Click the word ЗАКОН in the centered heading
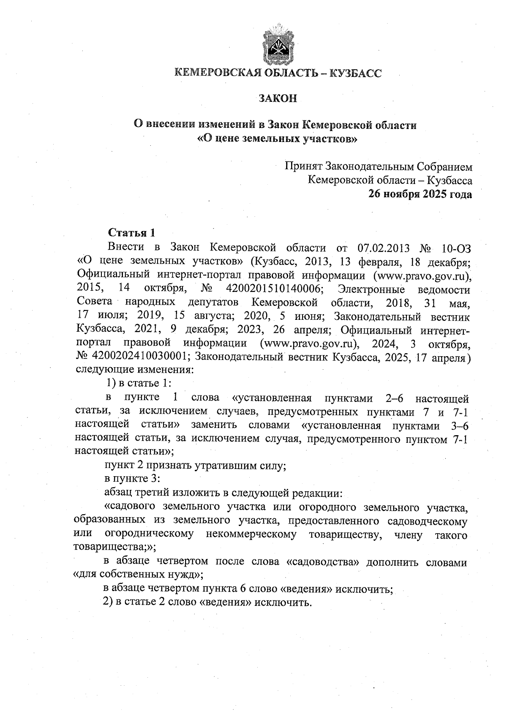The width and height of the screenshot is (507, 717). coord(278,98)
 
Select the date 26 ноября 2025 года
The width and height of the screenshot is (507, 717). coord(420,194)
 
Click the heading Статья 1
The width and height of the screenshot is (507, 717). coord(132,233)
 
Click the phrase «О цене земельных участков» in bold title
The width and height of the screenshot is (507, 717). coord(278,138)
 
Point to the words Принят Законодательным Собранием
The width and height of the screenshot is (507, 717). coord(378,166)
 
